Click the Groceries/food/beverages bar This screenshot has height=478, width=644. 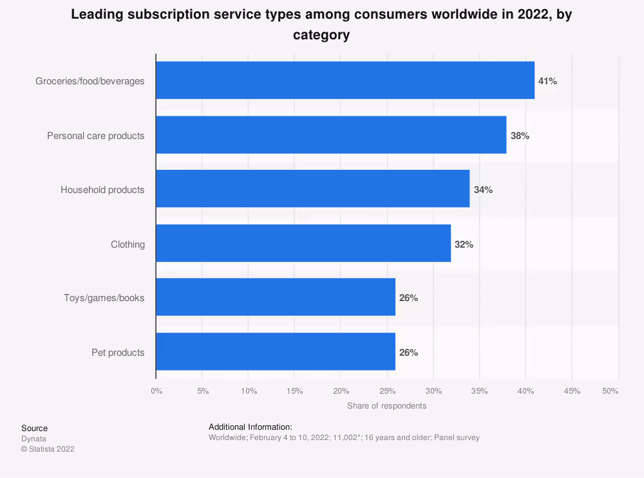pyautogui.click(x=345, y=80)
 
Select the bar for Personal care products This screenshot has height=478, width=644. pyautogui.click(x=331, y=135)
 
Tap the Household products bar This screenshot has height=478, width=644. pyautogui.click(x=313, y=189)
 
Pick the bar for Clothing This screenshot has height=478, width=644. pyautogui.click(x=303, y=243)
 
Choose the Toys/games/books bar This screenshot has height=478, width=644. pyautogui.click(x=276, y=297)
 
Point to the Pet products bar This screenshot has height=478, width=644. pyautogui.click(x=276, y=351)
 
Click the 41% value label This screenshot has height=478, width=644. pyautogui.click(x=547, y=81)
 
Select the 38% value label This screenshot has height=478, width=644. pyautogui.click(x=520, y=136)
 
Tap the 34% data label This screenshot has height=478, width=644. pyautogui.click(x=483, y=190)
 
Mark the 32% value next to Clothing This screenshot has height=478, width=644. pyautogui.click(x=464, y=244)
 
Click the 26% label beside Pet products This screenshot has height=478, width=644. pyautogui.click(x=408, y=353)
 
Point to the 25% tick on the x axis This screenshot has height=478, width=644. pyautogui.click(x=387, y=391)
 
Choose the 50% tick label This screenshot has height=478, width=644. pyautogui.click(x=610, y=391)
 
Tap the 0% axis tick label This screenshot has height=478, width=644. pyautogui.click(x=156, y=391)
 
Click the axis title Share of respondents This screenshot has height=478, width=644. pyautogui.click(x=386, y=406)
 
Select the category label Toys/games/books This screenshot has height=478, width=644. pyautogui.click(x=104, y=298)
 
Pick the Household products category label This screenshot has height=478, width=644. pyautogui.click(x=102, y=190)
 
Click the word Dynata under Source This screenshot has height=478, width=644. pyautogui.click(x=33, y=439)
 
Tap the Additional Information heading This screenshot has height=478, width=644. pyautogui.click(x=251, y=427)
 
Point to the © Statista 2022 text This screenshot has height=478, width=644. pyautogui.click(x=48, y=449)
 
